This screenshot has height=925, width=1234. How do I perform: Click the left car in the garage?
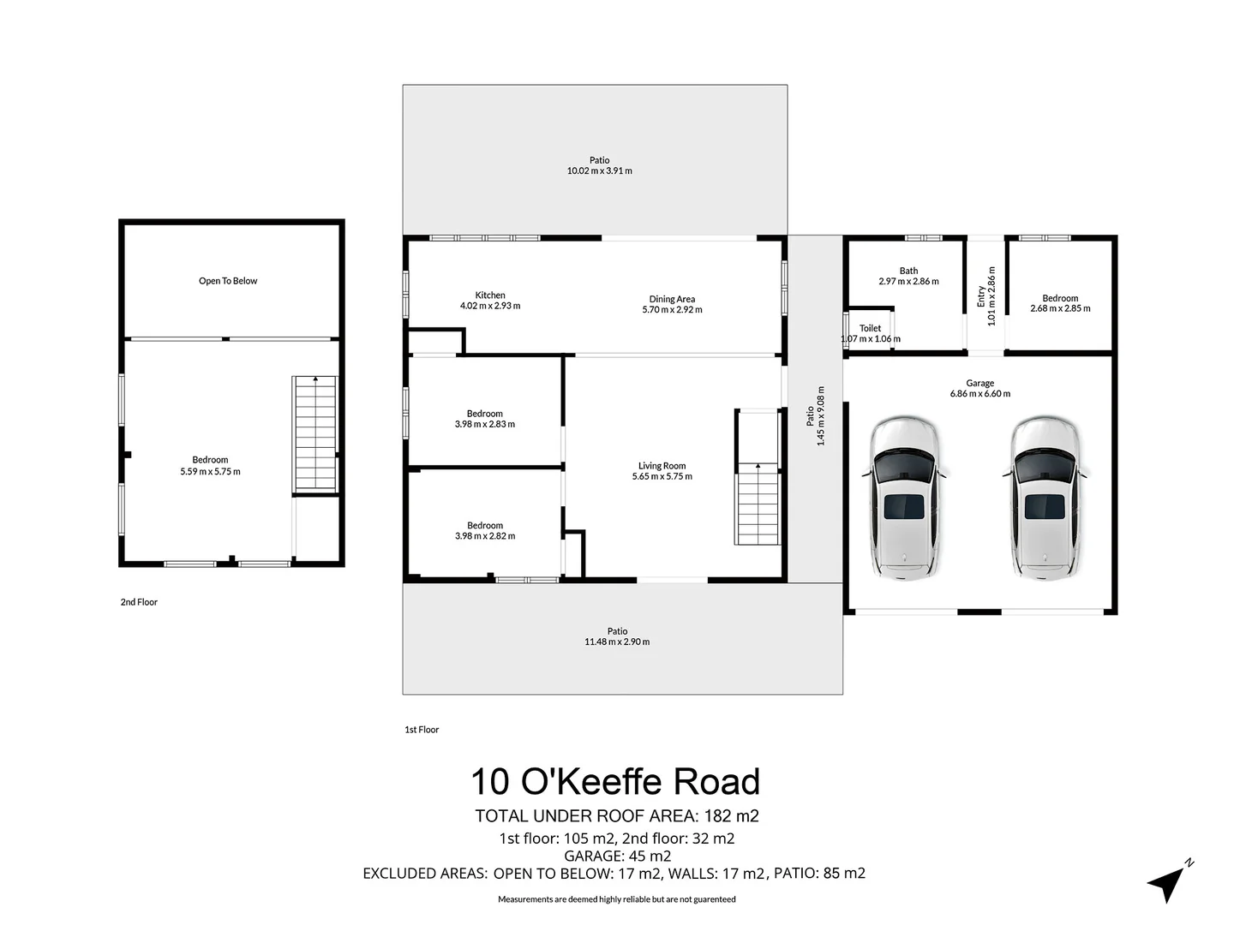tap(905, 497)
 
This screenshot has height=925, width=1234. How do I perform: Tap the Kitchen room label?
tap(490, 295)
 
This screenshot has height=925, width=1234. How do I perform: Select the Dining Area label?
tap(672, 299)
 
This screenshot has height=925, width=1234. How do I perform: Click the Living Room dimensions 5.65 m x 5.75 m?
tap(662, 477)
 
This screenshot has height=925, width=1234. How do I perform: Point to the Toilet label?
tap(870, 328)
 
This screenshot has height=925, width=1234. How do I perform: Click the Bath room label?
tap(908, 271)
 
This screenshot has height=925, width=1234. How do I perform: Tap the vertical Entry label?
tap(982, 296)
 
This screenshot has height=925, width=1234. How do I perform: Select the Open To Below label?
tap(228, 281)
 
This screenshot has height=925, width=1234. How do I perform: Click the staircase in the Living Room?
tap(758, 501)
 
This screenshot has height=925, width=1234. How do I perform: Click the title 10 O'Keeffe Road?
tap(615, 782)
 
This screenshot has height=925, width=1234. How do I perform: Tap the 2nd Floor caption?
tap(139, 602)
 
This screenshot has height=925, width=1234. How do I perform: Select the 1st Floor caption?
tap(422, 730)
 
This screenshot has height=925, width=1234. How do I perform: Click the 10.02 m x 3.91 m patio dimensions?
tap(600, 171)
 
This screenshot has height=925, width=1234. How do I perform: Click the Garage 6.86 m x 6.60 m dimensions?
tap(979, 394)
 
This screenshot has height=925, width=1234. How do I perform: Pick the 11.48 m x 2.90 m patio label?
tap(617, 642)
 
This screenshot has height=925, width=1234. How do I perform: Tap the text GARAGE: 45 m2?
tap(617, 856)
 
